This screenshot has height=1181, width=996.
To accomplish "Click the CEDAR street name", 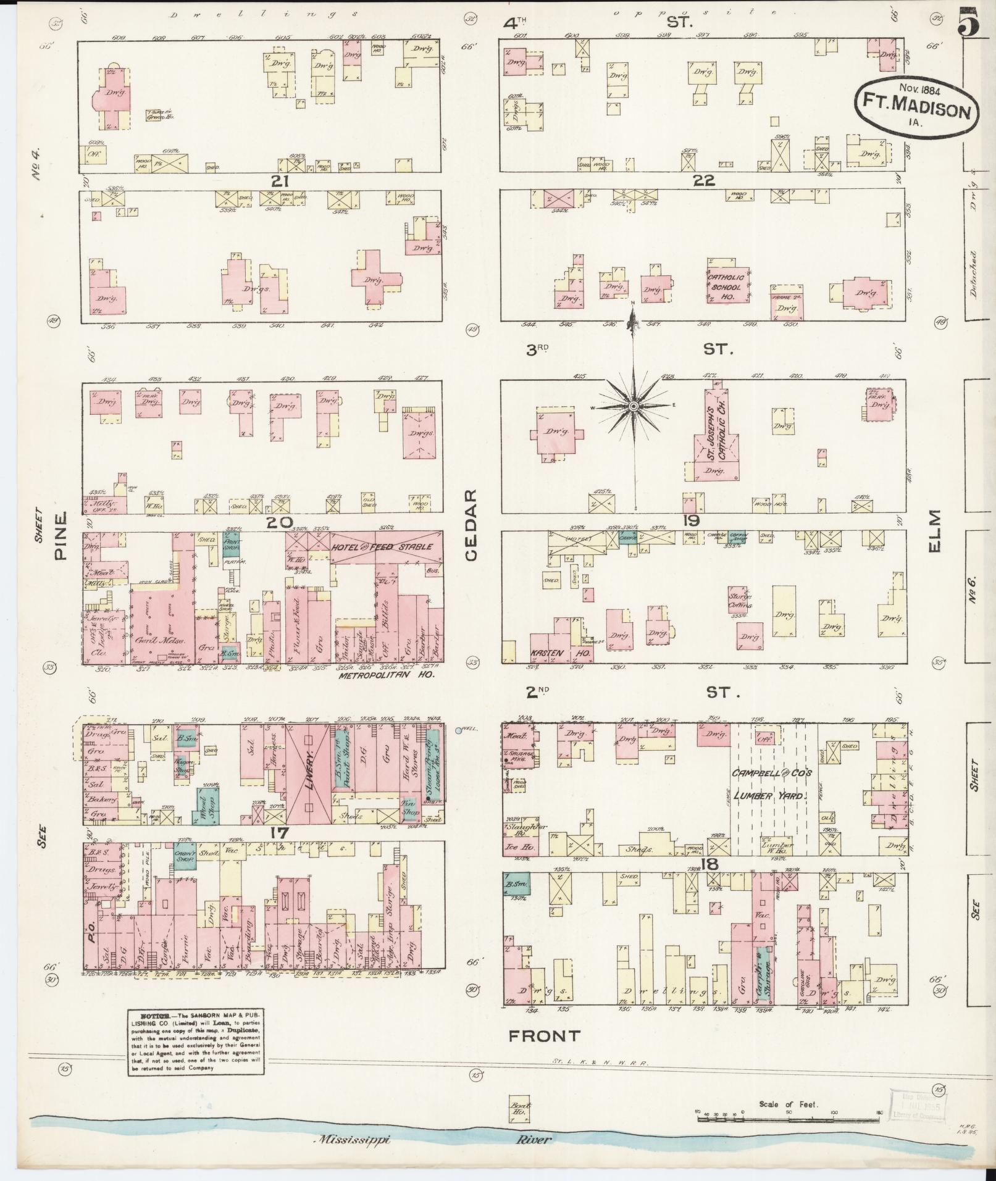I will (x=472, y=526).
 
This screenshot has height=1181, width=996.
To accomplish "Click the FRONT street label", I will (x=544, y=1035).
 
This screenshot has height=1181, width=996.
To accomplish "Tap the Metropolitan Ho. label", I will (x=387, y=675).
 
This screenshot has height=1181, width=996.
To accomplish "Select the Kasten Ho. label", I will (x=560, y=653).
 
